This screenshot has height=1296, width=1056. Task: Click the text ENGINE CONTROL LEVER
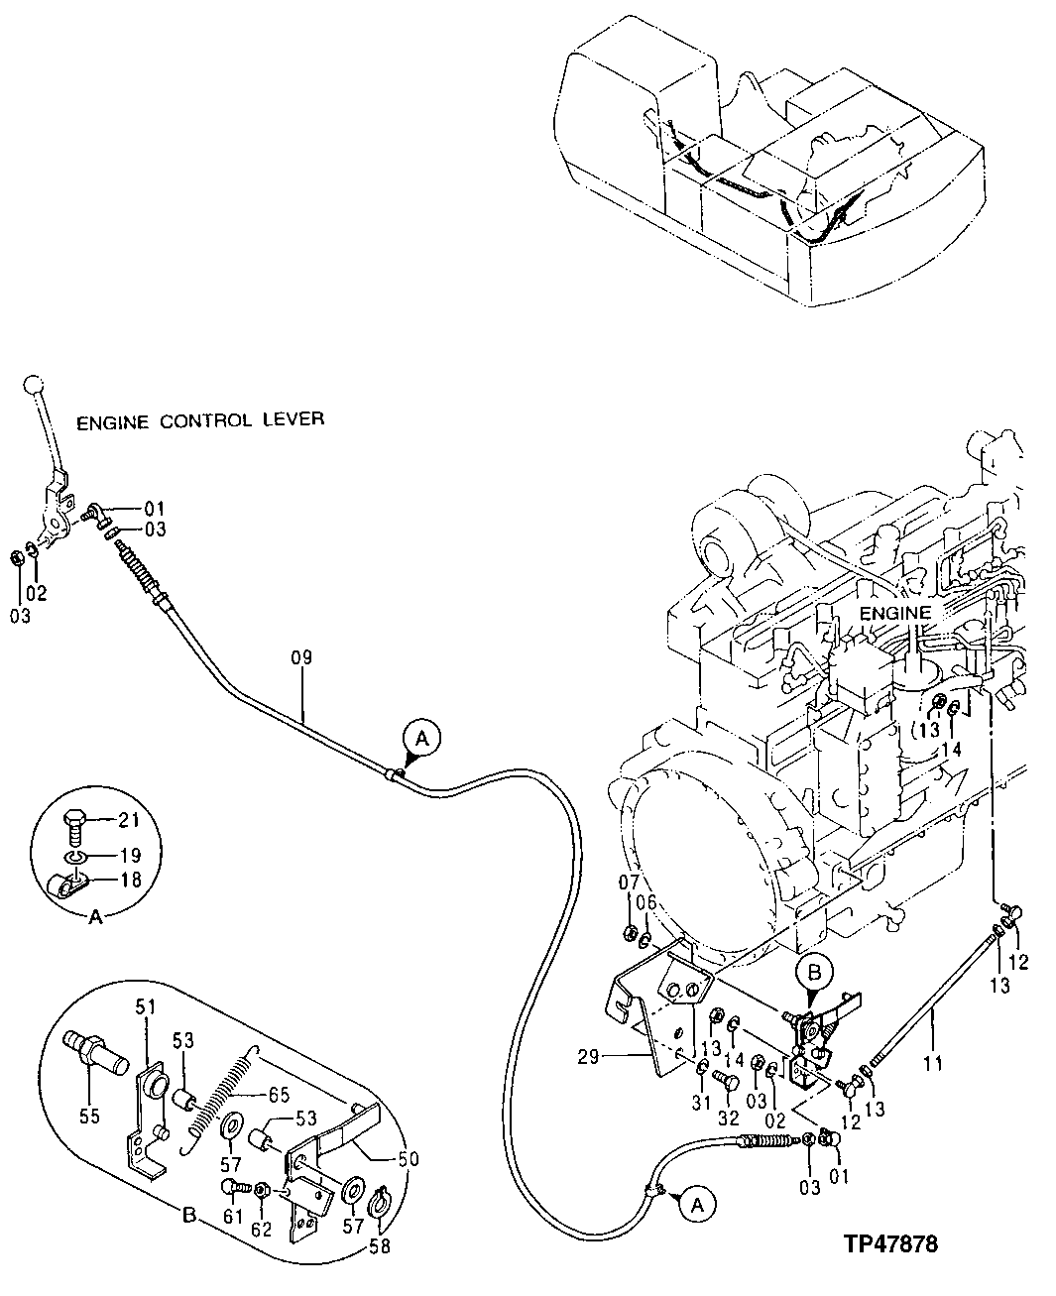point(200,420)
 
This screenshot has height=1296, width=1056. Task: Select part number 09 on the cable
point(301,657)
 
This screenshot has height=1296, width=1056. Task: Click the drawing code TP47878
point(891,1243)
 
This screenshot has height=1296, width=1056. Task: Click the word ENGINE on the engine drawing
point(895,613)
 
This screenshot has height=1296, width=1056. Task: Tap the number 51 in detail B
point(147,1006)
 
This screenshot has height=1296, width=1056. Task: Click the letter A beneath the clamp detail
point(96,918)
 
